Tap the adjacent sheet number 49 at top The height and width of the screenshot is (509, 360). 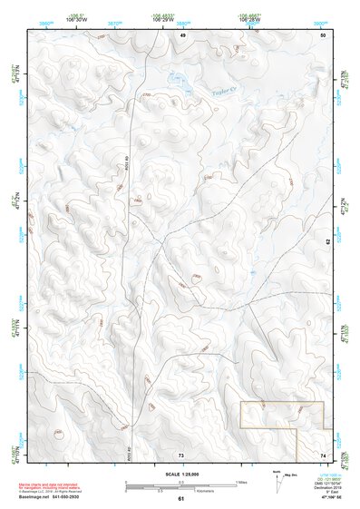coord(181,34)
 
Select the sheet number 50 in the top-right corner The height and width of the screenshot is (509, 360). coord(323,34)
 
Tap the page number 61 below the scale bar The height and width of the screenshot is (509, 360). coord(181,499)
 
